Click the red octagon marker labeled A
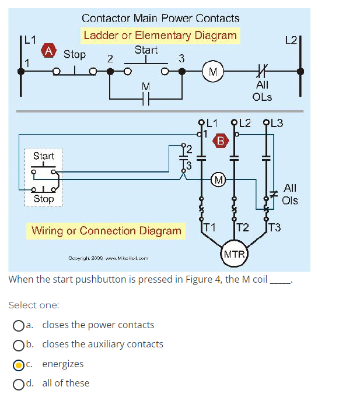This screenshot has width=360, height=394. [50, 51]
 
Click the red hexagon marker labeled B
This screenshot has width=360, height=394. [221, 140]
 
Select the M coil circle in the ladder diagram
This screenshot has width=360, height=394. [213, 72]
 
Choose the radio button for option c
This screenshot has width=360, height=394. [19, 364]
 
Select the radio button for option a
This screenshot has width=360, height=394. [19, 325]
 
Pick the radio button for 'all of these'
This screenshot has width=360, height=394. [19, 384]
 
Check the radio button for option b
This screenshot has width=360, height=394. [19, 344]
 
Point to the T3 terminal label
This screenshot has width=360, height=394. [274, 227]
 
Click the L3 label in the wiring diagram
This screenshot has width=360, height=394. [275, 123]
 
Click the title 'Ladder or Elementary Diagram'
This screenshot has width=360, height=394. [160, 35]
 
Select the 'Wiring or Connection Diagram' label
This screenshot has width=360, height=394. [106, 231]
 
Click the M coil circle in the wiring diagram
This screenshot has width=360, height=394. [218, 178]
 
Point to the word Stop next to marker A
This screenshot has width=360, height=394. [74, 54]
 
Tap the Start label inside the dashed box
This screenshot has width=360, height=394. [44, 156]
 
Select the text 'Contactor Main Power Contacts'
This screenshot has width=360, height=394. [160, 19]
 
